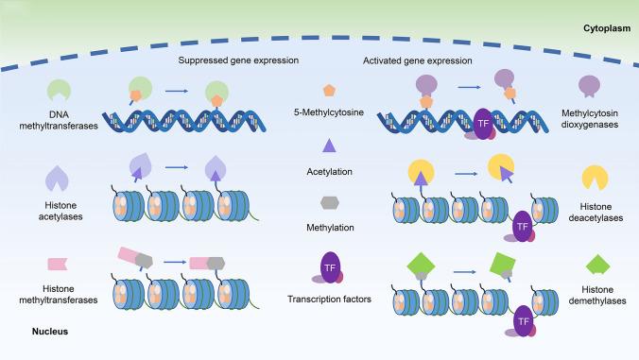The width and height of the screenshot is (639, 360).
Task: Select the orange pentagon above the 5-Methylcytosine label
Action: click(x=329, y=90)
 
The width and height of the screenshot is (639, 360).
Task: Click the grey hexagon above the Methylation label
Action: click(x=329, y=201)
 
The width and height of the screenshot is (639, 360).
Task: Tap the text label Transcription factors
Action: click(x=329, y=301)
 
